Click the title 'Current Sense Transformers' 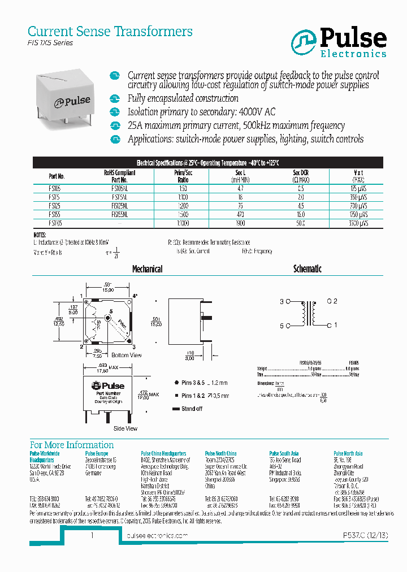[x=110, y=31]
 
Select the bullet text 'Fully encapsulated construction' [x=175, y=98]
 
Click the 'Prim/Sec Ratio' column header [x=183, y=176]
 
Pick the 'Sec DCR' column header [x=300, y=176]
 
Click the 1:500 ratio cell [x=183, y=215]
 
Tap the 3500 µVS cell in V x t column [x=358, y=223]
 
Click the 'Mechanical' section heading [x=148, y=270]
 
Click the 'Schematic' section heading [x=307, y=270]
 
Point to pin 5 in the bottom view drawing [x=111, y=312]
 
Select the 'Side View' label [x=125, y=428]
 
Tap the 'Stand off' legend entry [x=192, y=409]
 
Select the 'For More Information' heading [x=72, y=445]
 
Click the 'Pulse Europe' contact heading [x=97, y=453]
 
